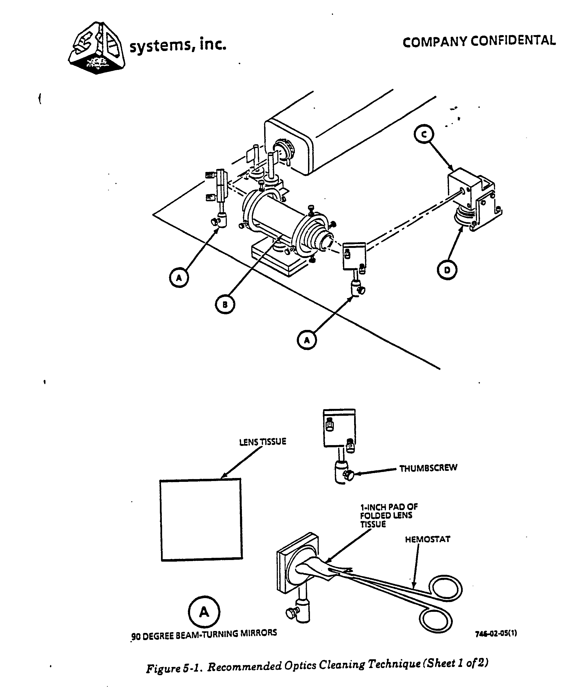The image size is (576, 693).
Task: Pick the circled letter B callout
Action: click(225, 304)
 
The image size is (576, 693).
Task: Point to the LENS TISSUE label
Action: click(262, 442)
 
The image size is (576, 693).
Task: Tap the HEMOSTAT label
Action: click(427, 539)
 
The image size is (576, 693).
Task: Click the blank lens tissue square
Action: click(201, 520)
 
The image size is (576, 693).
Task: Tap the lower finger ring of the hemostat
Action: click(436, 621)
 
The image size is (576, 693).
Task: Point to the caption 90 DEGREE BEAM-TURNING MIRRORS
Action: click(204, 635)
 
